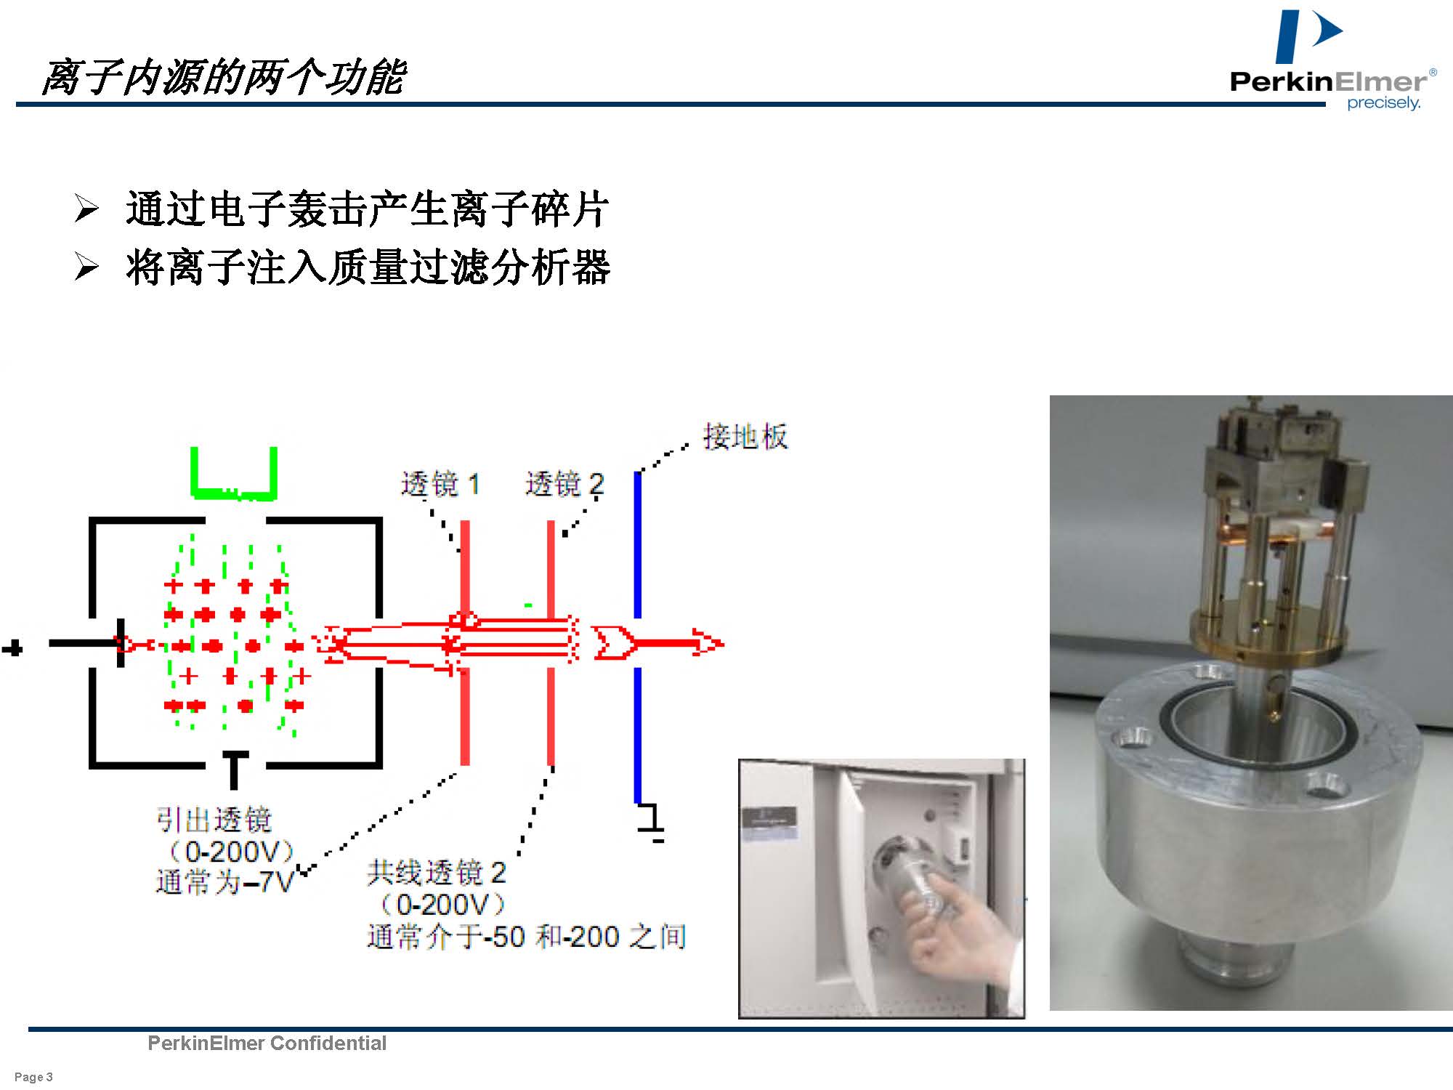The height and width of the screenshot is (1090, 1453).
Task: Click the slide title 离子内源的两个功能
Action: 222,77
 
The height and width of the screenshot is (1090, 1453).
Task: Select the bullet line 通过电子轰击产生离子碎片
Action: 367,209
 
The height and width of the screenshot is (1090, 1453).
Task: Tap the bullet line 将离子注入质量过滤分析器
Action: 368,267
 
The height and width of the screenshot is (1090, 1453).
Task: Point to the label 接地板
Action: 745,437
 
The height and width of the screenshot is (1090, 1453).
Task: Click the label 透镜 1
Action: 440,483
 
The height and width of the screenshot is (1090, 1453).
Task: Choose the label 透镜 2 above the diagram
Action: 565,483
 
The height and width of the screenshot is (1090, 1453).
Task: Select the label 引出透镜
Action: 214,820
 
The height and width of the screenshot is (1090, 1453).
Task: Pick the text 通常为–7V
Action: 224,882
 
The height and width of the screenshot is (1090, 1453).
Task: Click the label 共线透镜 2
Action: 437,872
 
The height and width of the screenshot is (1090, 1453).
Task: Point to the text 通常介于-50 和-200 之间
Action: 527,936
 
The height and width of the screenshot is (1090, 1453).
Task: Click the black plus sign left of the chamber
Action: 12,648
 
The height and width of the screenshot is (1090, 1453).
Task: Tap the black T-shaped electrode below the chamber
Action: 234,770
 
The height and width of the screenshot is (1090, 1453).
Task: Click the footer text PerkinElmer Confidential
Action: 267,1043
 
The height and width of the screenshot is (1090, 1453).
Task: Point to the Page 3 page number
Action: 33,1077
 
